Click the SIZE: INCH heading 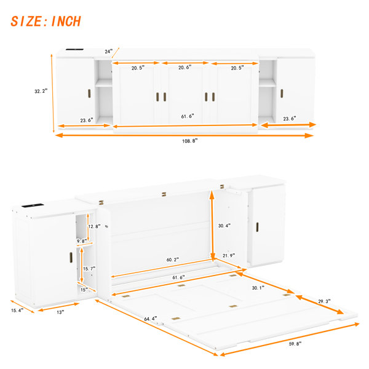point(46,21)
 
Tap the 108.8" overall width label point(189,141)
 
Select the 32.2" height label point(41,91)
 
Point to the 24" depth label point(109,51)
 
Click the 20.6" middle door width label point(185,67)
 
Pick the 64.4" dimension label point(151,319)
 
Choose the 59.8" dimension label point(295,344)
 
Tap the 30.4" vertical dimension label point(224,226)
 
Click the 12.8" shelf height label point(94,226)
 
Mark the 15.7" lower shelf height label point(89,269)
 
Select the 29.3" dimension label point(324,301)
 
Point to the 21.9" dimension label point(229,255)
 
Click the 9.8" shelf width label point(82,241)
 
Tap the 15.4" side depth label point(17,311)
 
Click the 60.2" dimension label point(173,260)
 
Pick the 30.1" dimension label point(258,288)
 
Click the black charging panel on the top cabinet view point(74,49)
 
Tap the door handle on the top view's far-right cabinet point(282,93)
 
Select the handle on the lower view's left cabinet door point(71,258)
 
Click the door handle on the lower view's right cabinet point(257,227)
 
